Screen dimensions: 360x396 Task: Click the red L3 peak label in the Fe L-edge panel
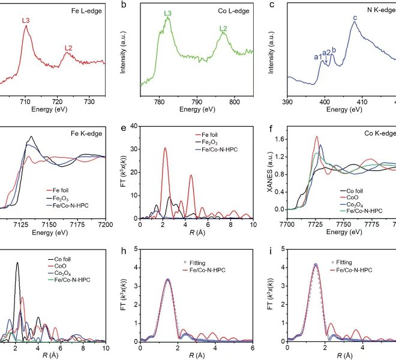(x=26, y=21)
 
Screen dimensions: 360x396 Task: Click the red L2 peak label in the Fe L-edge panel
(x=68, y=48)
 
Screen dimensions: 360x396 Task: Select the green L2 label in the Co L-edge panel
(x=223, y=28)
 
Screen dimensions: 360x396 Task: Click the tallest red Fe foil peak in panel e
(x=165, y=148)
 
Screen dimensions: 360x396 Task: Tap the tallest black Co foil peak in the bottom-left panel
(x=17, y=263)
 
